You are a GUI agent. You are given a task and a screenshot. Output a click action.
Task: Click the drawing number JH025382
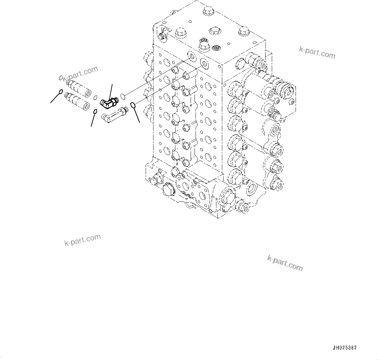(344, 348)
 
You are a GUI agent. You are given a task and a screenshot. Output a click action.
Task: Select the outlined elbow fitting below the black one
(114, 114)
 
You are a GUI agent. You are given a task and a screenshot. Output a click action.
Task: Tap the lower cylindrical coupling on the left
(78, 101)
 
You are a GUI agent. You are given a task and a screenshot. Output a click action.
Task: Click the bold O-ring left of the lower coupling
(61, 92)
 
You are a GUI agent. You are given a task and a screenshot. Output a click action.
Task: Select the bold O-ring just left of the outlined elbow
(95, 112)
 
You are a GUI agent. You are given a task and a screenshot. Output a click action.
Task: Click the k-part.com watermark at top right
(317, 52)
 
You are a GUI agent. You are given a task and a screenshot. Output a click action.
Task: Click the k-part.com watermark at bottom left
(82, 240)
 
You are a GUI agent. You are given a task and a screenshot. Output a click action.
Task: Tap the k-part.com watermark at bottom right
(285, 263)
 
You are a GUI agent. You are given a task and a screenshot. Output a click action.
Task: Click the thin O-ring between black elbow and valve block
(123, 96)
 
